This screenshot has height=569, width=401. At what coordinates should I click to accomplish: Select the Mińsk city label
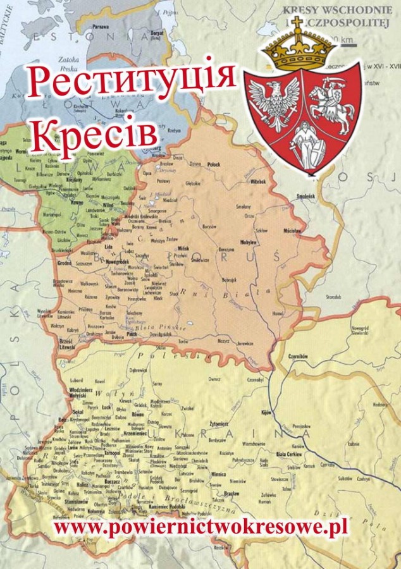tap(185, 248)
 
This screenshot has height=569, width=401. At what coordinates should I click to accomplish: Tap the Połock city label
tap(214, 164)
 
